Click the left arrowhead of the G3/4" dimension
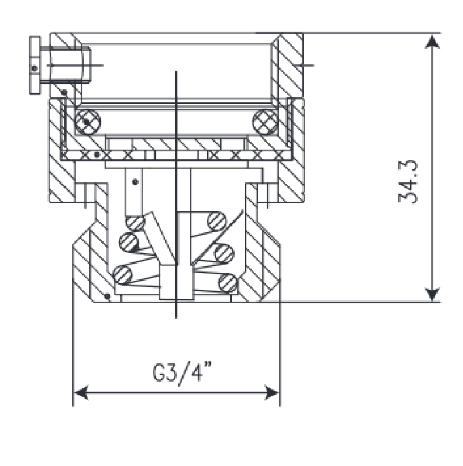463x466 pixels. pos(81,392)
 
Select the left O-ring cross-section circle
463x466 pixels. pos(88,120)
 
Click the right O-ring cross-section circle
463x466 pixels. pos(265,120)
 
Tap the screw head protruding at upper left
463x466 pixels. pos(35,65)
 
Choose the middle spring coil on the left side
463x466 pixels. pos(129,241)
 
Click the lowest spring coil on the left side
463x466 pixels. pos(123,275)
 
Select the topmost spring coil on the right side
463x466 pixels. pos(217,221)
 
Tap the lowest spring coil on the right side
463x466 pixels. pos(228,281)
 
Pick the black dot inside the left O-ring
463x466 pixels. pos(86,121)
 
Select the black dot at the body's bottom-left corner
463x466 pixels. pos(108,296)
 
